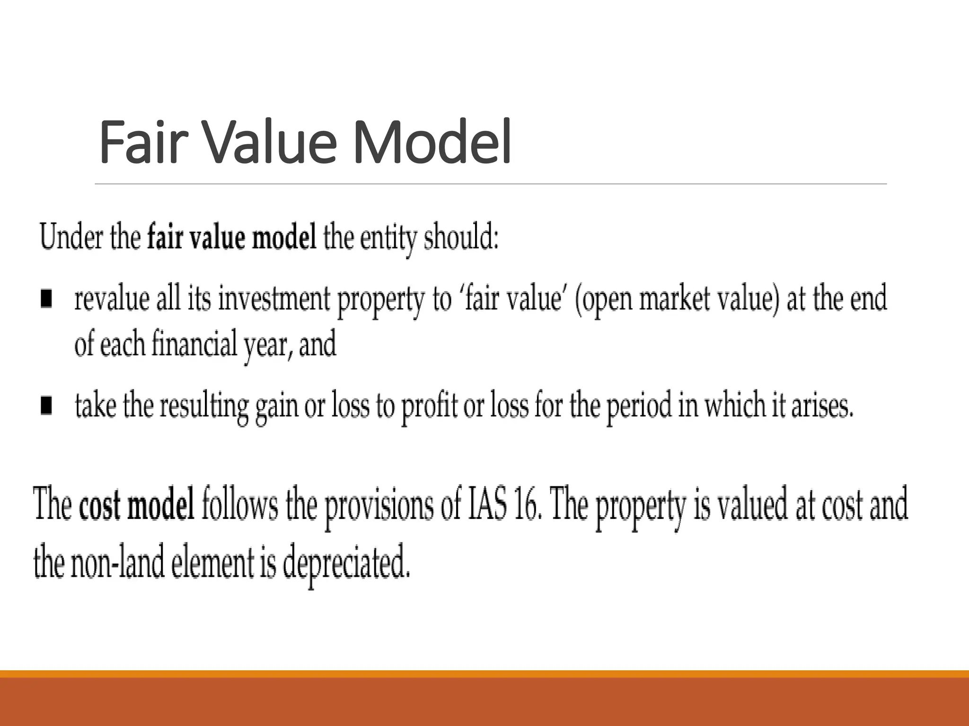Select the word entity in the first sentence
tap(388, 238)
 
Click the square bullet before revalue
tap(46, 299)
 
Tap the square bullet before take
tap(46, 406)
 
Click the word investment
tap(273, 299)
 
